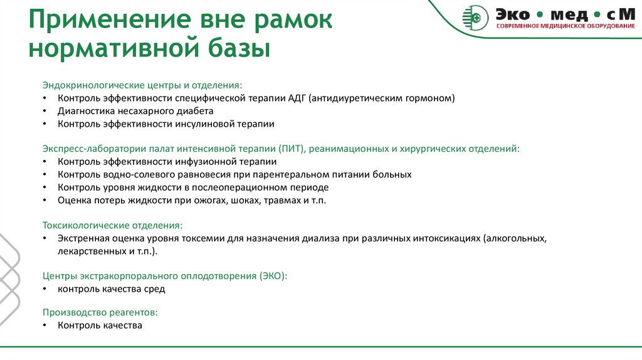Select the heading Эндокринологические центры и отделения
141,85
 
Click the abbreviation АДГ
297,98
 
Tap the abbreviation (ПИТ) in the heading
288,149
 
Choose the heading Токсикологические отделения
113,225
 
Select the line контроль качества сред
111,289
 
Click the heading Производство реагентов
100,312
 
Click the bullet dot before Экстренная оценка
45,239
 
